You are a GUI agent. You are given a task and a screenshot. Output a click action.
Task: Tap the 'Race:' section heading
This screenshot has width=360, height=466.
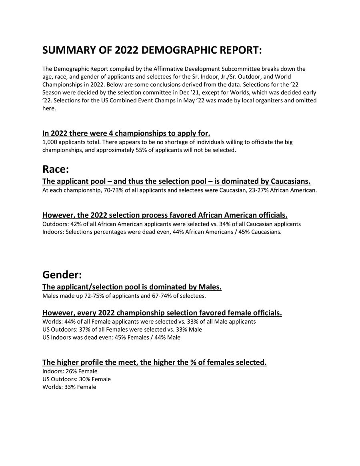pos(56,169)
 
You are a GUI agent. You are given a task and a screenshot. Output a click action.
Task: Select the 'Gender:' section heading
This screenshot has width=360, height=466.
pos(62,275)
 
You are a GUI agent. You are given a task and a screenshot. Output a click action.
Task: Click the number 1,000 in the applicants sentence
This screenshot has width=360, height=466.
pos(50,142)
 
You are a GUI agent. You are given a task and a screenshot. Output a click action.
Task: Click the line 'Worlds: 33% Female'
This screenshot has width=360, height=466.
pos(69,387)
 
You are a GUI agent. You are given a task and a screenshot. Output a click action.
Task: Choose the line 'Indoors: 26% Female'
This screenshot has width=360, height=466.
pos(70,371)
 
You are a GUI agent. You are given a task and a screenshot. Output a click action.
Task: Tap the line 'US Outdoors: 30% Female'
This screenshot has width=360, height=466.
pos(76,379)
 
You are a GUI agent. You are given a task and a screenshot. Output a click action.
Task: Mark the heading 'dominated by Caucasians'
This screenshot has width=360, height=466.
pos(176,181)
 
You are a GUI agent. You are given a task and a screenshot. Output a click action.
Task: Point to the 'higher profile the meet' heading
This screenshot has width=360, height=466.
pos(154,362)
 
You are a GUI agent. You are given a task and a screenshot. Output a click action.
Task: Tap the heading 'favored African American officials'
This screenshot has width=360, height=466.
pos(165,215)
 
